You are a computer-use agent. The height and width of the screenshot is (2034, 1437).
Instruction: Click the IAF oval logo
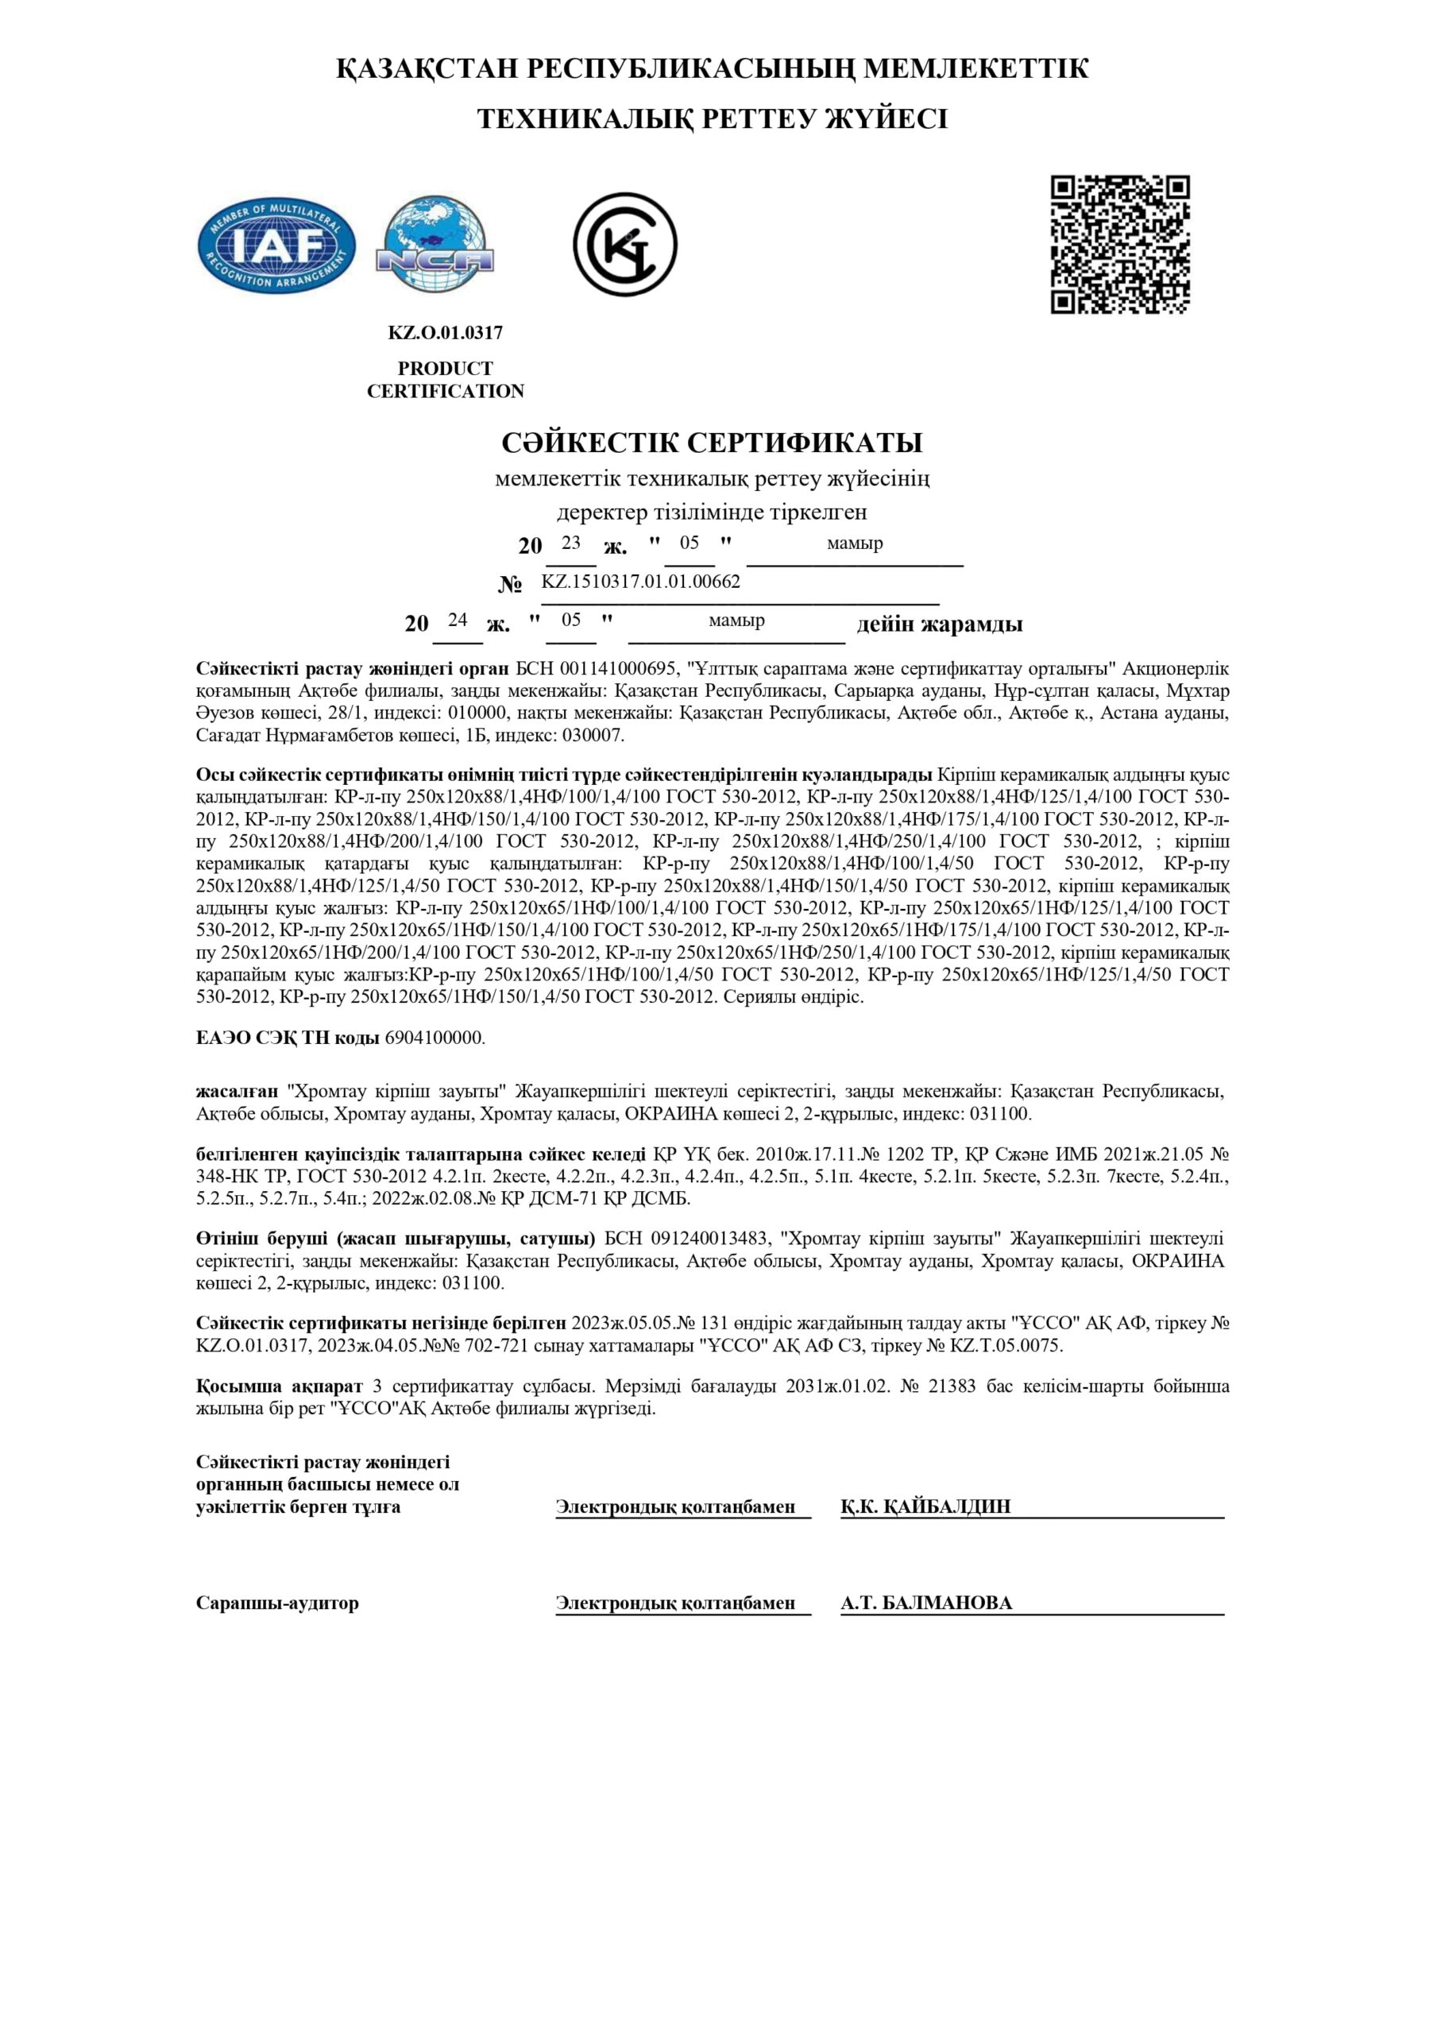(x=276, y=246)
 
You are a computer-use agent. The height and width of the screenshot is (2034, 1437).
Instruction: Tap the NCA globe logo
(x=434, y=246)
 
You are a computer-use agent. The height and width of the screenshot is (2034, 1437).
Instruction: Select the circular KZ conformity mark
(x=624, y=245)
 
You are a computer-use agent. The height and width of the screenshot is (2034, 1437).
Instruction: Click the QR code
(x=1120, y=245)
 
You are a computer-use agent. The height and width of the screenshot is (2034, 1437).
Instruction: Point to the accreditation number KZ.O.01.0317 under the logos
(x=445, y=333)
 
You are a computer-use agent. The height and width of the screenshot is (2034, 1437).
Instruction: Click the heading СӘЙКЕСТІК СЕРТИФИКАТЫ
(x=712, y=442)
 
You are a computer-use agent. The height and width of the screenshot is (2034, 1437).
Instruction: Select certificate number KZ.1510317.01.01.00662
(x=640, y=582)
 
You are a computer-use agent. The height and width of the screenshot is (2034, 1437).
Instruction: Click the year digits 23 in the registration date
(x=570, y=543)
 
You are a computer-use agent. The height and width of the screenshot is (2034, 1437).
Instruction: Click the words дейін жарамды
(x=939, y=625)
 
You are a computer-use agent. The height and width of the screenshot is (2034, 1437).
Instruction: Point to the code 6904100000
(x=434, y=1038)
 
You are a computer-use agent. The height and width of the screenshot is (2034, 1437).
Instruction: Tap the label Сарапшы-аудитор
(x=277, y=1603)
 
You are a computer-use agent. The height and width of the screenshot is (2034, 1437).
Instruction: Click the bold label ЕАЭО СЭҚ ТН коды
(x=288, y=1038)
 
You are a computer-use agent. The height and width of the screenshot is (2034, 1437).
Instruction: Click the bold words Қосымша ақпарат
(x=279, y=1386)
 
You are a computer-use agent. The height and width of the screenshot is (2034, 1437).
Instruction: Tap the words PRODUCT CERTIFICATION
(x=445, y=380)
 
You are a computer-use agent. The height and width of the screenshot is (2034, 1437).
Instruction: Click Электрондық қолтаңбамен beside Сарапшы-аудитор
(x=675, y=1603)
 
